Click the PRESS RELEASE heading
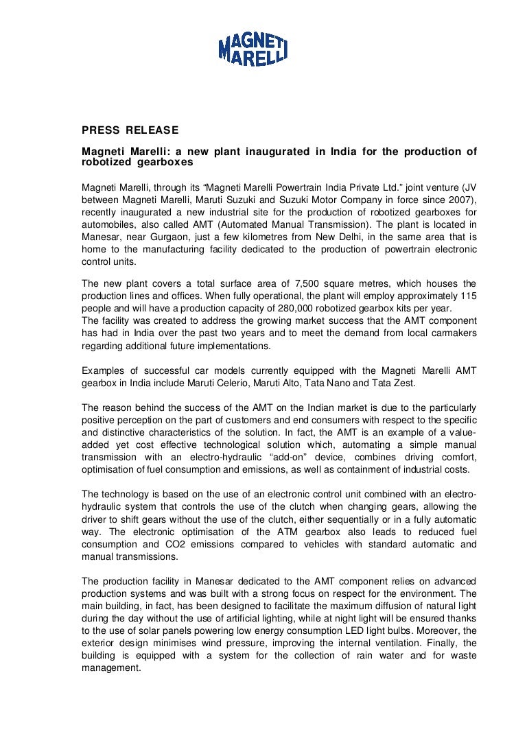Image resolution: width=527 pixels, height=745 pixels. point(130,130)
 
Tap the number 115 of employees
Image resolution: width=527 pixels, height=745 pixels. point(469,296)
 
